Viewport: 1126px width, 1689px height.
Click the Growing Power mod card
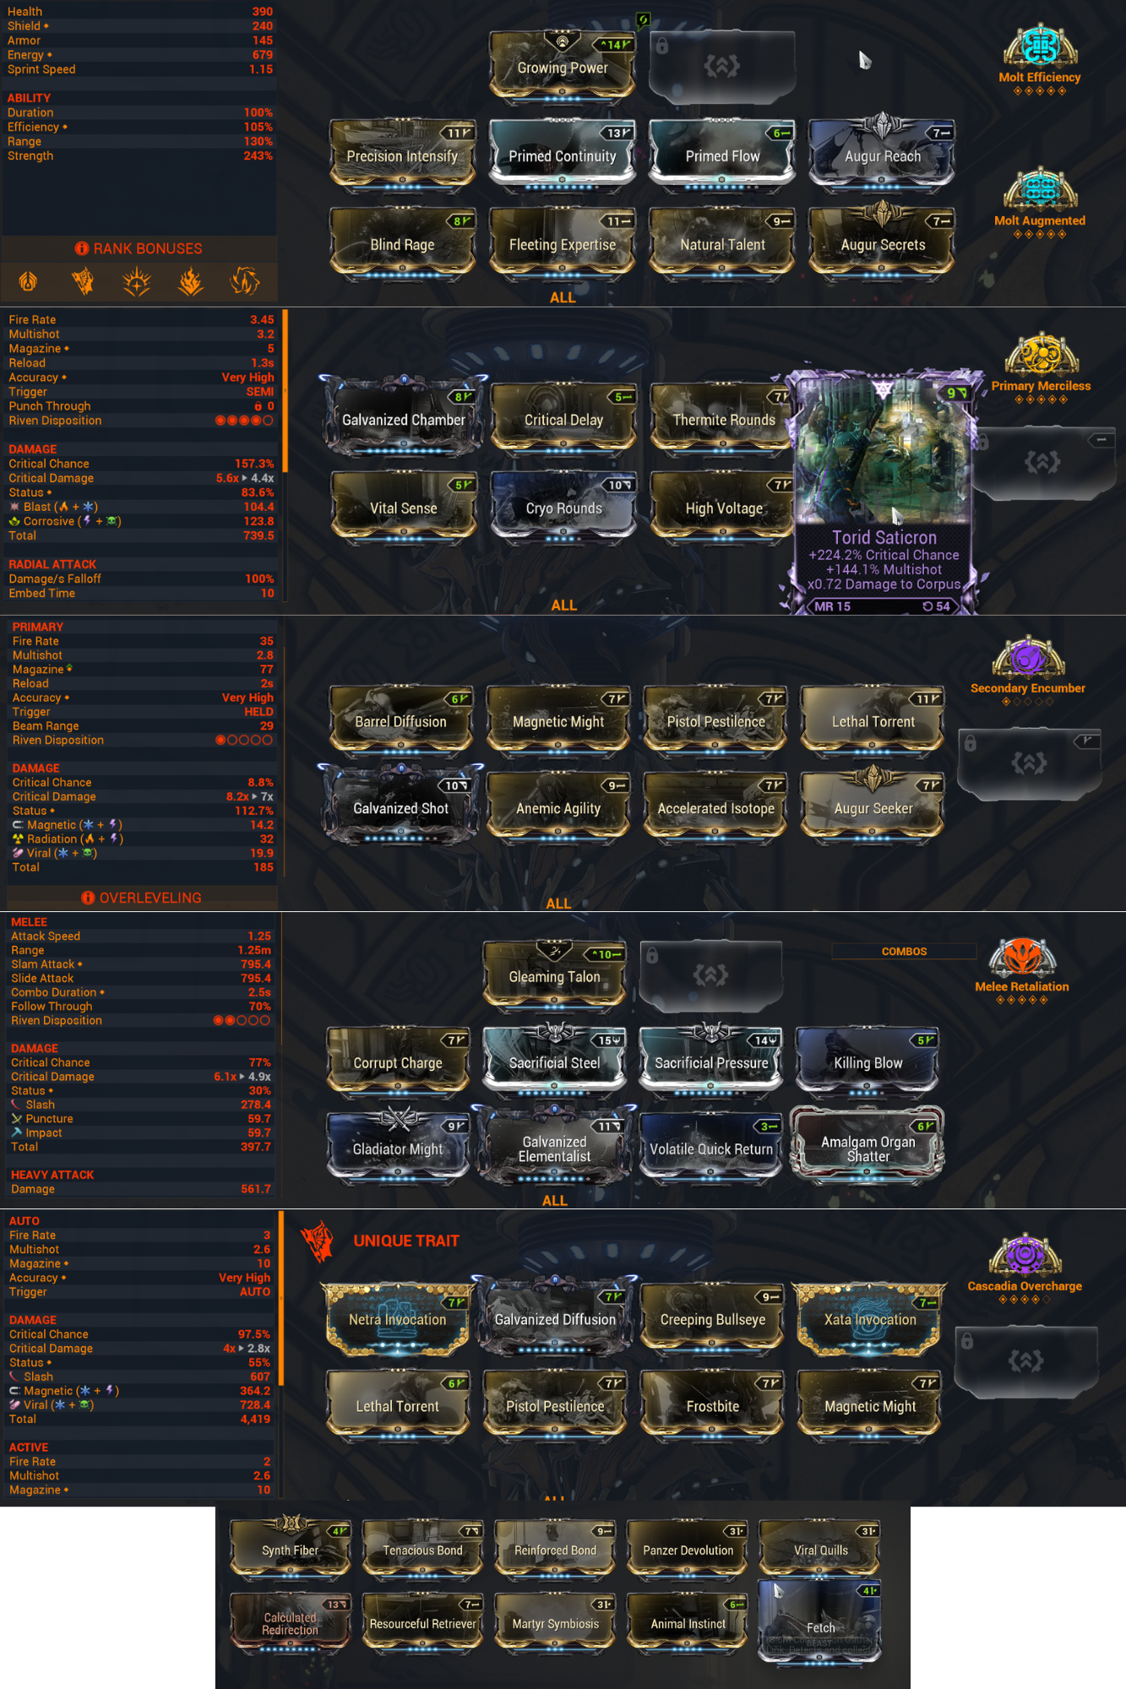pyautogui.click(x=563, y=68)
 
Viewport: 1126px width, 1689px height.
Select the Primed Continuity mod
pyautogui.click(x=563, y=155)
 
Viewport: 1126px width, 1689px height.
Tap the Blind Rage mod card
pyautogui.click(x=402, y=244)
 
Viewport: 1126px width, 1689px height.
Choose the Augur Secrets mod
pyautogui.click(x=883, y=244)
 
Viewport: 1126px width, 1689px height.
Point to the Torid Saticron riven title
pyautogui.click(x=884, y=537)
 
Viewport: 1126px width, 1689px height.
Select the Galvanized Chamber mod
pyautogui.click(x=403, y=420)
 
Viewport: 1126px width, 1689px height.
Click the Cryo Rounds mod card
pyautogui.click(x=563, y=508)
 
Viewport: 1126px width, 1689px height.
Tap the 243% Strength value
pyautogui.click(x=258, y=156)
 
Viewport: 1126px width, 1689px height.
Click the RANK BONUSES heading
pyautogui.click(x=147, y=248)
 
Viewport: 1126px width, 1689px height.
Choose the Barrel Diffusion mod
pyautogui.click(x=400, y=721)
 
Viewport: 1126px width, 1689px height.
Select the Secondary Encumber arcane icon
pyautogui.click(x=1027, y=659)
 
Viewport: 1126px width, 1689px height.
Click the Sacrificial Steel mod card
pyautogui.click(x=554, y=1062)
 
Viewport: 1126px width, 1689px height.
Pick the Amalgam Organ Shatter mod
pyautogui.click(x=868, y=1148)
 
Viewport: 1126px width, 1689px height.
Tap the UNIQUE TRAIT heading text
pyautogui.click(x=406, y=1241)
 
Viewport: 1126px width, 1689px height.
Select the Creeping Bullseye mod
pyautogui.click(x=712, y=1319)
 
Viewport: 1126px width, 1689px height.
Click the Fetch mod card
pyautogui.click(x=820, y=1627)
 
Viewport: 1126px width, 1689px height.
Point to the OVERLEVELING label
pyautogui.click(x=150, y=898)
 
